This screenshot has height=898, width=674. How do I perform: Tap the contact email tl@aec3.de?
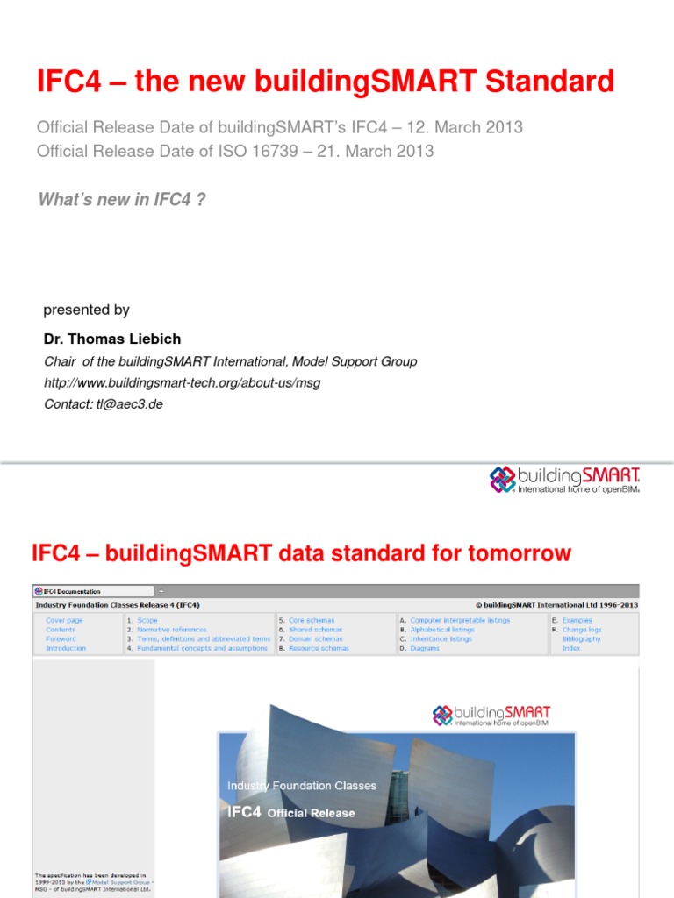(x=130, y=403)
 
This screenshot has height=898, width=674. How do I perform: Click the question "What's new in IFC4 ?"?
(x=122, y=199)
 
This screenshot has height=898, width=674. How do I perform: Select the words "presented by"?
(x=86, y=310)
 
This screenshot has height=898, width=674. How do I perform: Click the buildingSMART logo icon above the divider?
(x=503, y=479)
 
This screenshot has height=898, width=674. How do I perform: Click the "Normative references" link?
(x=172, y=630)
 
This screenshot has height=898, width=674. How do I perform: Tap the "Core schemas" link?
(x=312, y=620)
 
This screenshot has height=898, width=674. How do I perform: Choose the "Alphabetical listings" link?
(x=442, y=630)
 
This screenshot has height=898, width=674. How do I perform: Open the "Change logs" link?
(x=581, y=630)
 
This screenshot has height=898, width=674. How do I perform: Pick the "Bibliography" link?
(x=582, y=639)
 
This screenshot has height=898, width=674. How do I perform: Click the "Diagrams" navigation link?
(x=425, y=648)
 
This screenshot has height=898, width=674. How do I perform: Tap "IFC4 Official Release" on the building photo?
(x=290, y=812)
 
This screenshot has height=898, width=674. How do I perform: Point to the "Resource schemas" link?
(x=319, y=648)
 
